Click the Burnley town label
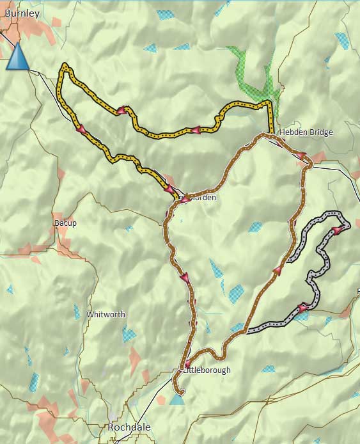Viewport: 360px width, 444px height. [x=22, y=12]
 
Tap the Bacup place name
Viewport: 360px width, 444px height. [x=65, y=223]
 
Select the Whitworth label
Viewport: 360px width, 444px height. [x=106, y=314]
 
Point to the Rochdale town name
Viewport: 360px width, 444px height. [x=129, y=427]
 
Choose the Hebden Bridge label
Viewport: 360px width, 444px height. [x=306, y=132]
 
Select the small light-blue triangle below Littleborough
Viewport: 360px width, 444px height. [x=176, y=399]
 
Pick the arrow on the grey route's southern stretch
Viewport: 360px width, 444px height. [x=302, y=308]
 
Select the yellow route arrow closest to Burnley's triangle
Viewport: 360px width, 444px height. [x=81, y=129]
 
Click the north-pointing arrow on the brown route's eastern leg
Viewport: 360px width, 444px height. [x=278, y=271]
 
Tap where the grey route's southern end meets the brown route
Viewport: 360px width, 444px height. [x=245, y=332]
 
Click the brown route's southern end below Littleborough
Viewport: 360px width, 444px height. [x=181, y=392]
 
